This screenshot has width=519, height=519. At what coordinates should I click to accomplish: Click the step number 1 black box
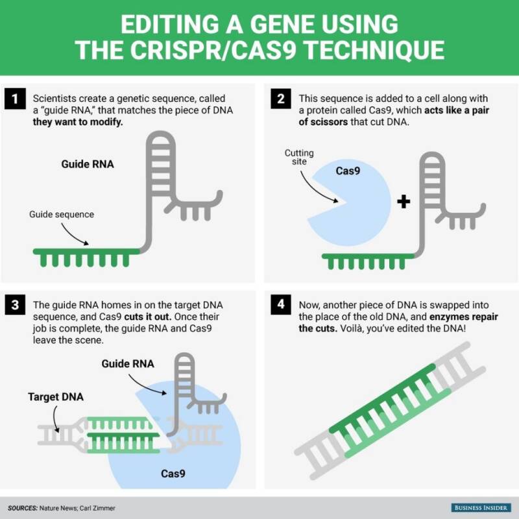tap(15, 99)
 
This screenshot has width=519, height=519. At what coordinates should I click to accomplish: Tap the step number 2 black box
tap(281, 99)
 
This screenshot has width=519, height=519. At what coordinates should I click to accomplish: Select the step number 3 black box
tap(15, 304)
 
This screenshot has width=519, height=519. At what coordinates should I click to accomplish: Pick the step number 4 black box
tap(281, 304)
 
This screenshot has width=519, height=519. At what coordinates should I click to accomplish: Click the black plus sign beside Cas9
tap(404, 201)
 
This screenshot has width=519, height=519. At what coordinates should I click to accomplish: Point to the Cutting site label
tap(299, 157)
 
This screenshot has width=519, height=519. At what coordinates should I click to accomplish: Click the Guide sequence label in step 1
tap(62, 215)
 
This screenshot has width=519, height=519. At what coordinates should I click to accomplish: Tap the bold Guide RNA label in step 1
tap(88, 164)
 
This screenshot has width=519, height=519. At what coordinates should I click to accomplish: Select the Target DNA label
tap(56, 397)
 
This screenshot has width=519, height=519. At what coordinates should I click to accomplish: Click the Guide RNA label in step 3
tap(128, 364)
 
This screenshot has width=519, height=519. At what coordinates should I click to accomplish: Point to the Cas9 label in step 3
tap(173, 474)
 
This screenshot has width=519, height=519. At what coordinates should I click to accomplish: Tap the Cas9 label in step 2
tap(348, 171)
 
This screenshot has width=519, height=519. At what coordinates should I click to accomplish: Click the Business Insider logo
tap(481, 508)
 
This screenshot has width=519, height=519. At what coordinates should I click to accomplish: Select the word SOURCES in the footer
tap(23, 508)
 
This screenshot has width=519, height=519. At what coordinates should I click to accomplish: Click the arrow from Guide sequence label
tap(73, 235)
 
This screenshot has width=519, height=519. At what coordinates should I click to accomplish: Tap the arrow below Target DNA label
tap(55, 418)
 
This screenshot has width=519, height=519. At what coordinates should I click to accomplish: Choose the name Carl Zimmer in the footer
tap(97, 508)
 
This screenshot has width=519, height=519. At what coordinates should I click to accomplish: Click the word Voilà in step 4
tap(351, 329)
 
